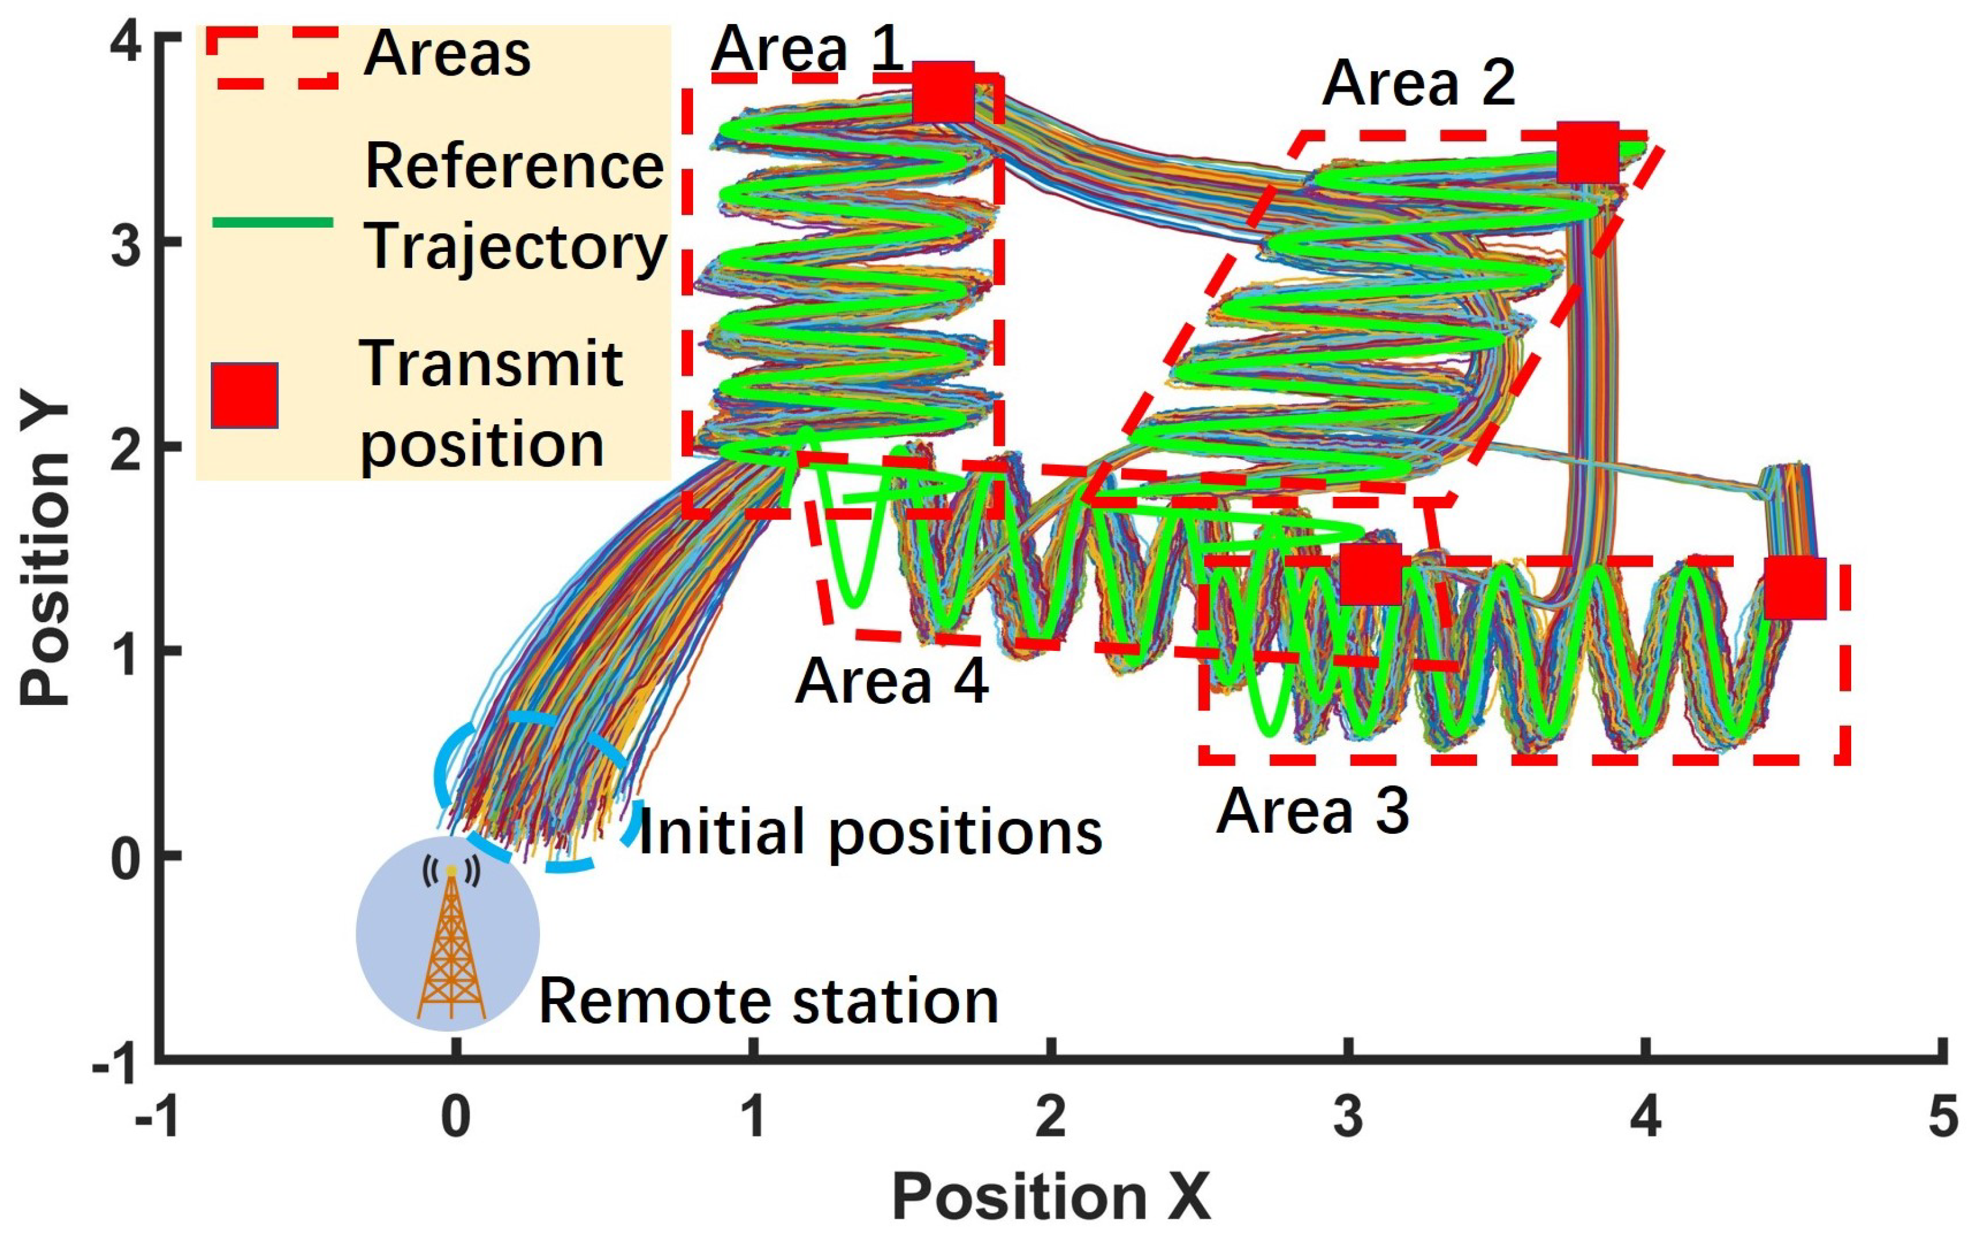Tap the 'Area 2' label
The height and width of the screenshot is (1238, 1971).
1419,84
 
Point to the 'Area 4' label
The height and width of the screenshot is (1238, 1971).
891,681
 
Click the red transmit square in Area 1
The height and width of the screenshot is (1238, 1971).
943,91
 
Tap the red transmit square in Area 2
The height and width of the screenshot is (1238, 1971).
1587,152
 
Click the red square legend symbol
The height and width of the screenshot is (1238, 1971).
244,396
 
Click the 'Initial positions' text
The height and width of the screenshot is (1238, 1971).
870,832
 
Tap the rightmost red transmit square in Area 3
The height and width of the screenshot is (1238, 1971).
1794,588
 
